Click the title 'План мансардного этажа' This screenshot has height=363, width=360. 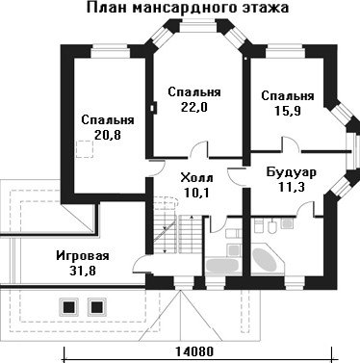(x=188, y=8)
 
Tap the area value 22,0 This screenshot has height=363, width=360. (x=194, y=107)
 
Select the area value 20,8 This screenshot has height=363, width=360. (x=108, y=135)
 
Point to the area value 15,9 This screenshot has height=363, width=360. (x=288, y=111)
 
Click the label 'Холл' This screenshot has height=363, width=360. (x=196, y=177)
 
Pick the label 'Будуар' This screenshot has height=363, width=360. (x=292, y=172)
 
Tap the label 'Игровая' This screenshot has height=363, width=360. (x=83, y=256)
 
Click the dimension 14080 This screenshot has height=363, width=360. (x=194, y=351)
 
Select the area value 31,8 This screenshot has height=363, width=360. (x=83, y=271)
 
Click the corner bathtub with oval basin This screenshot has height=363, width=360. (x=267, y=260)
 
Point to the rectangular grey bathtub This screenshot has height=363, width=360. (x=222, y=266)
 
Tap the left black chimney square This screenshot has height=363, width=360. (x=68, y=308)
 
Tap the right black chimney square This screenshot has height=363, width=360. (x=96, y=308)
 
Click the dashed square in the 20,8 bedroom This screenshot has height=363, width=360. (x=85, y=149)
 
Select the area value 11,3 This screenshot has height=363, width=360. (x=292, y=187)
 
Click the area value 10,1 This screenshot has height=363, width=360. (x=196, y=193)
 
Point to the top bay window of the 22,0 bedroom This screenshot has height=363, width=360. (x=198, y=26)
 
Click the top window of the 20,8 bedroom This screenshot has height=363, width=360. (x=110, y=52)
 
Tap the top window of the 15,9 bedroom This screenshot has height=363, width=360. (x=285, y=52)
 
